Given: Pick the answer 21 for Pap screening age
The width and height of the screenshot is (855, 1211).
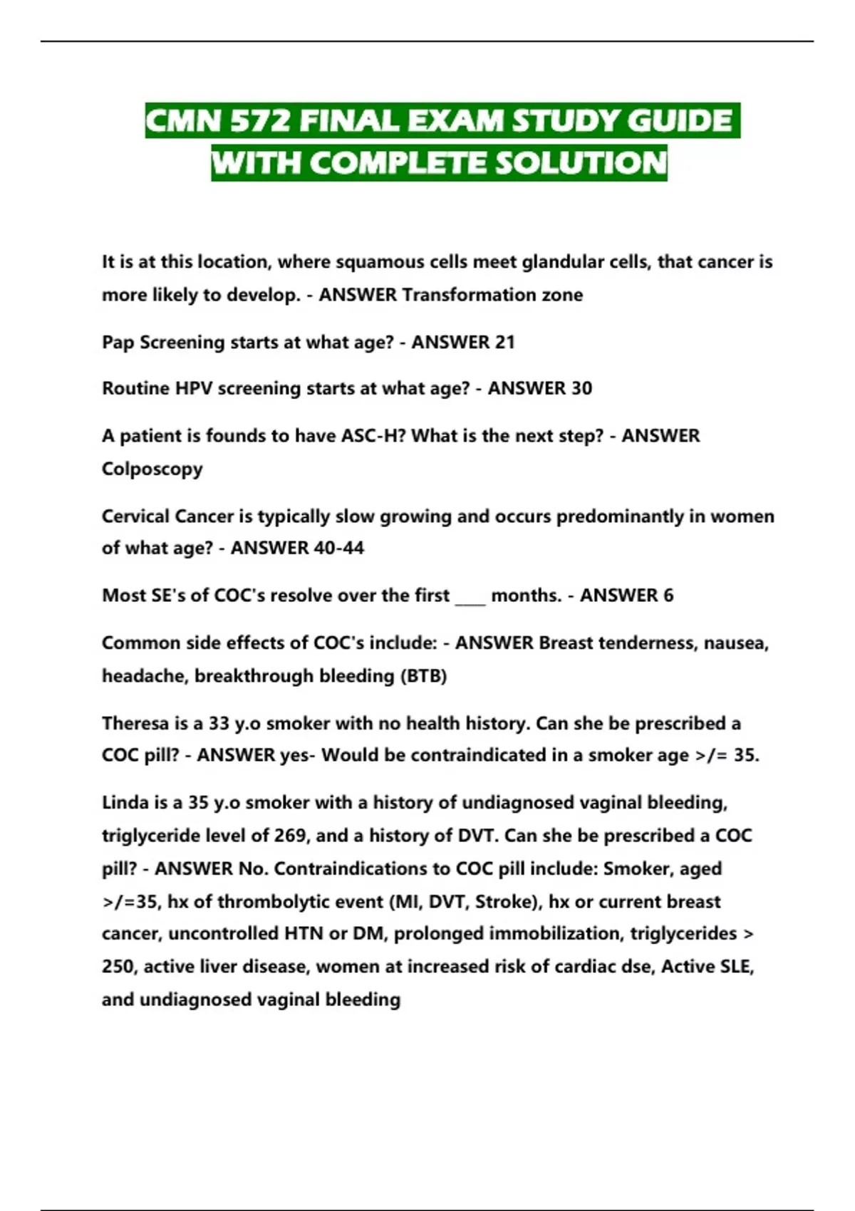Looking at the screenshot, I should (504, 343).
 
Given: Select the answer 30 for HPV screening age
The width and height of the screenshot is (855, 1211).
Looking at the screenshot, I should (581, 388).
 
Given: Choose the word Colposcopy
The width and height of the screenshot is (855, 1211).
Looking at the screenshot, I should (152, 469).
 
